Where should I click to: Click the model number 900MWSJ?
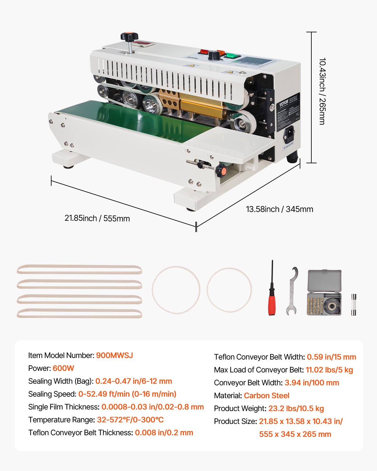pyautogui.click(x=114, y=355)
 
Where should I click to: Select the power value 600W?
pyautogui.click(x=63, y=368)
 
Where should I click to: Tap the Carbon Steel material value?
pyautogui.click(x=266, y=396)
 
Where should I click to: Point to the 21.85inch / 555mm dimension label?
pyautogui.click(x=97, y=218)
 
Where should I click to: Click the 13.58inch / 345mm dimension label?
pyautogui.click(x=279, y=209)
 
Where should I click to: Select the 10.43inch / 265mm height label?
pyautogui.click(x=322, y=91)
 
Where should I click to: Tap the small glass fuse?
pyautogui.click(x=353, y=304)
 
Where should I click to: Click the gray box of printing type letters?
pyautogui.click(x=325, y=292)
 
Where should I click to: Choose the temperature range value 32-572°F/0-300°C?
pyautogui.click(x=130, y=420)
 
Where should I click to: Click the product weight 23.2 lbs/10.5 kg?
pyautogui.click(x=296, y=409)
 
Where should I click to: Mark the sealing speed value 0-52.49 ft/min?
pyautogui.click(x=127, y=394)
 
